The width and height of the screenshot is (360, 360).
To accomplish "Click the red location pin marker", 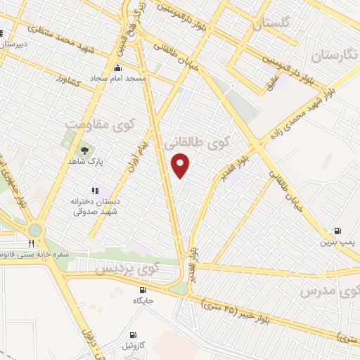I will coord(181,165).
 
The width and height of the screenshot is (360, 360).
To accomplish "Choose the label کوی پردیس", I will coord(127,268).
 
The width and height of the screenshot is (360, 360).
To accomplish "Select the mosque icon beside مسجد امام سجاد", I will coord(117,68).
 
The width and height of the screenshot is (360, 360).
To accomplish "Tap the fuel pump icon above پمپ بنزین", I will coord(338,231).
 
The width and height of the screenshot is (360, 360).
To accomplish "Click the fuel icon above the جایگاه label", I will coord(143,289).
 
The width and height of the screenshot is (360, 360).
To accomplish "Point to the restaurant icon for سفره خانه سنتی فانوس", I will coord(32,244).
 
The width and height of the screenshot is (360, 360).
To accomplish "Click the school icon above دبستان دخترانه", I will coord(95,190).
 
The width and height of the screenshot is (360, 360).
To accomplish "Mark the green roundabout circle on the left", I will coord(34,229).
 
